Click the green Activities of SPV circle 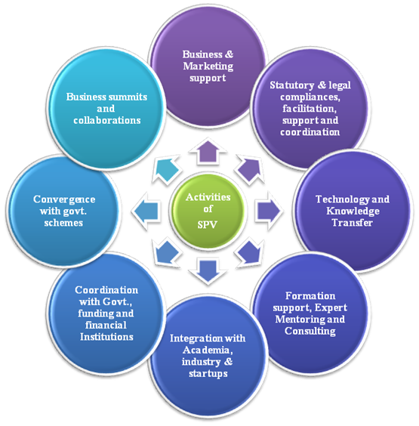(208, 211)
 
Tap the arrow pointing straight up (208, 152)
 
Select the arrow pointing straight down (208, 271)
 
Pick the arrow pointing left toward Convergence (146, 211)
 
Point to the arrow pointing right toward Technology (269, 211)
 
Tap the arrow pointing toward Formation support (250, 252)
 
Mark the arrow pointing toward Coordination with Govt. (166, 252)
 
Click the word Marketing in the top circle (208, 66)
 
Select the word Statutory (292, 85)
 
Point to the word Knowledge (353, 211)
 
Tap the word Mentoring (300, 319)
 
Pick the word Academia (208, 350)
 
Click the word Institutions (106, 337)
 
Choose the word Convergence (64, 199)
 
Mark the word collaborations (107, 120)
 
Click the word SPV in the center (207, 225)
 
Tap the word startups (208, 374)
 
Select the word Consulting (310, 331)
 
